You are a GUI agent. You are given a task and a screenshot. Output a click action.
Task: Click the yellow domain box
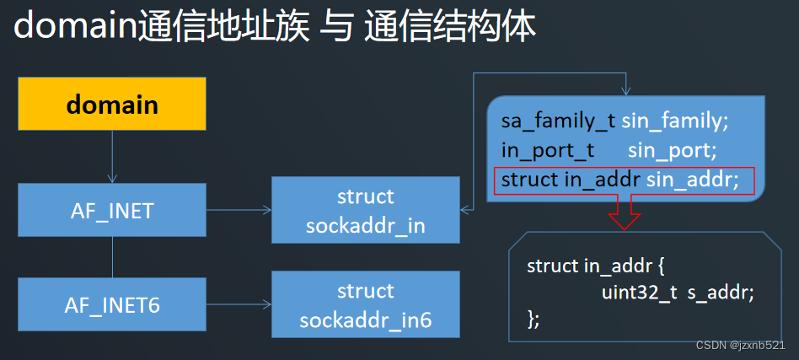coord(112,105)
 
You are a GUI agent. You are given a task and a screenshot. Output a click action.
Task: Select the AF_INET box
coord(112,210)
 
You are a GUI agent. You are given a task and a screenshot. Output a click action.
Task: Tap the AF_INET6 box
coord(112,304)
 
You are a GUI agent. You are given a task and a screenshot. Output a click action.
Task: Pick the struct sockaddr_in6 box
coord(365,305)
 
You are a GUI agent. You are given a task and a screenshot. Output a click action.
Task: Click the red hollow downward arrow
coord(625,212)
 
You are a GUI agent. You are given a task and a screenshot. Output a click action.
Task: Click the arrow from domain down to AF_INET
coord(112,155)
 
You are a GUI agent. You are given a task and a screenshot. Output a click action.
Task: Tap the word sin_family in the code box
coord(674,121)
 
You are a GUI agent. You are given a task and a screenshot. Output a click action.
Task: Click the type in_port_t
coord(548,151)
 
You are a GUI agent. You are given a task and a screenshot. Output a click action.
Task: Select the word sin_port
coord(672,151)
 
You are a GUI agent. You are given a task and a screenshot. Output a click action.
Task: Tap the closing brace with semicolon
coord(533,319)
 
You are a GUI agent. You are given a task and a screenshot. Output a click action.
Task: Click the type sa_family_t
coord(558,121)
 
